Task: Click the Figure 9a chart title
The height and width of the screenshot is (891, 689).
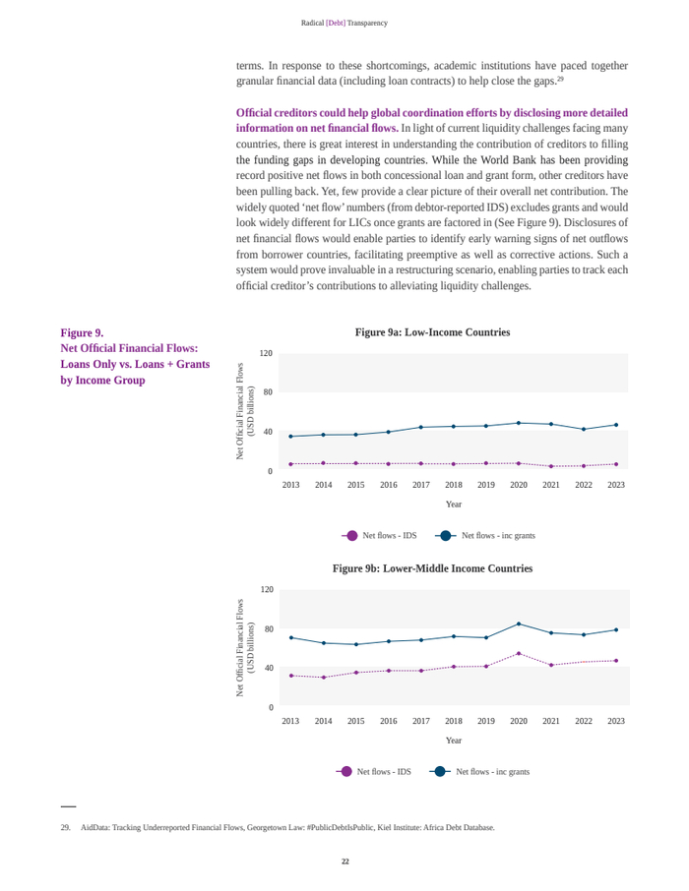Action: tap(432, 332)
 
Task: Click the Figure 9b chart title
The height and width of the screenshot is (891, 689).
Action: tap(432, 568)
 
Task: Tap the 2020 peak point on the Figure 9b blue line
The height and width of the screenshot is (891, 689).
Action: tap(519, 624)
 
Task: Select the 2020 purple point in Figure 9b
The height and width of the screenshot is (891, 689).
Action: tap(519, 653)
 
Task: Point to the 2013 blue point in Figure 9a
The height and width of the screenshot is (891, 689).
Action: tap(290, 436)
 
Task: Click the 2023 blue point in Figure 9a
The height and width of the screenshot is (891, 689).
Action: tap(616, 425)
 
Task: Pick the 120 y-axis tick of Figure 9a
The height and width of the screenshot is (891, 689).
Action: tap(266, 353)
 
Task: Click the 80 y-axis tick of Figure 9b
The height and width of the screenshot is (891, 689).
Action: tap(266, 628)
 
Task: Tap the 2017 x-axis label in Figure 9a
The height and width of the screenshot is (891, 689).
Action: tap(421, 485)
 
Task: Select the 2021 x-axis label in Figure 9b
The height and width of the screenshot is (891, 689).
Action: tap(551, 721)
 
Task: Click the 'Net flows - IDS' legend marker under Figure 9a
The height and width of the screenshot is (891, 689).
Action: tap(351, 536)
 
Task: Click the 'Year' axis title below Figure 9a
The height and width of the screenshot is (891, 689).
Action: tap(453, 505)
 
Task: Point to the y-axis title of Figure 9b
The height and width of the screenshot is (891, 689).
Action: tap(244, 648)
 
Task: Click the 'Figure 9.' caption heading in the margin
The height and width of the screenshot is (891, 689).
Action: tap(82, 332)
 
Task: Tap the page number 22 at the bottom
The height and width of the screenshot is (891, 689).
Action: tap(344, 861)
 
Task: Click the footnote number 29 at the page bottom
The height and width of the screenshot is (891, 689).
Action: tap(66, 827)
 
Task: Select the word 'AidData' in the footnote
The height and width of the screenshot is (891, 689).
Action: tap(95, 827)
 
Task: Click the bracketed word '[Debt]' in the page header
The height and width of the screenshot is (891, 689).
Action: tap(336, 23)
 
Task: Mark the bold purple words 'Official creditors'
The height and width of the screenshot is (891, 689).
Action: tap(276, 113)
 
